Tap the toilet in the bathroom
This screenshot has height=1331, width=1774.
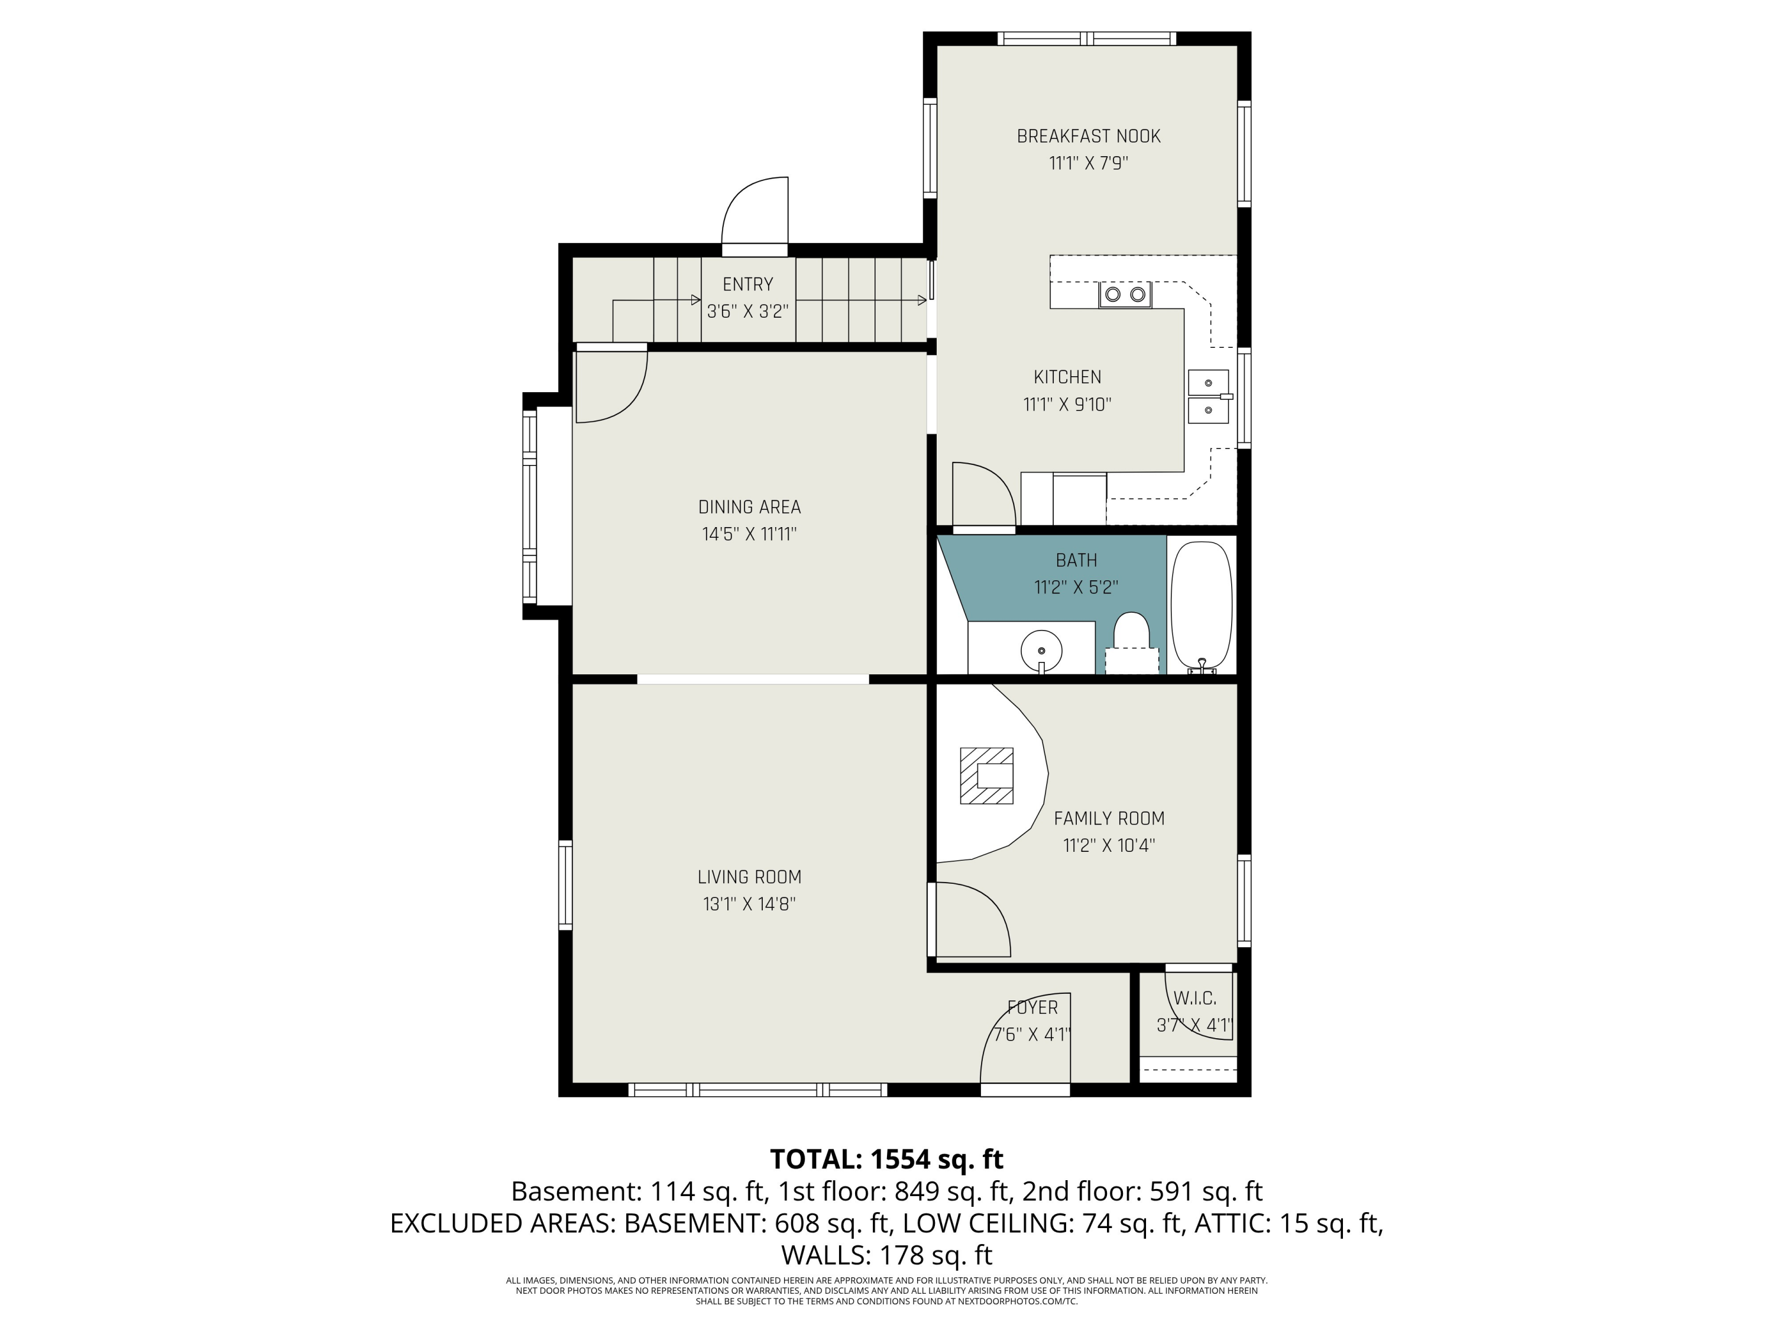1132,642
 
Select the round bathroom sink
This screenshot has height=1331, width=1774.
1041,651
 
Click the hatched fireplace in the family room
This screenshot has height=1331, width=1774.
986,776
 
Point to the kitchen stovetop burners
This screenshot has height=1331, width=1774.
1124,295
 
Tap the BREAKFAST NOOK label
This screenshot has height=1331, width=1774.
1088,137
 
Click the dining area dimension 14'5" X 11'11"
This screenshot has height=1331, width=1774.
749,534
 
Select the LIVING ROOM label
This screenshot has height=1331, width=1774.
749,877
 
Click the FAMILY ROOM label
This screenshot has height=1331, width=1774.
1109,818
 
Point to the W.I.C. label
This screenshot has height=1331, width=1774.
1195,998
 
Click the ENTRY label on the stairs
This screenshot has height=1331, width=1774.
747,284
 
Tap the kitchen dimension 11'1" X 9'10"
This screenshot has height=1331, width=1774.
1067,405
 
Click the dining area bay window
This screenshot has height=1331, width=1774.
530,505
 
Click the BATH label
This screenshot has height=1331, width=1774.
1076,560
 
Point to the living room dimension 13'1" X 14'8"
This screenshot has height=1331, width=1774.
749,904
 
